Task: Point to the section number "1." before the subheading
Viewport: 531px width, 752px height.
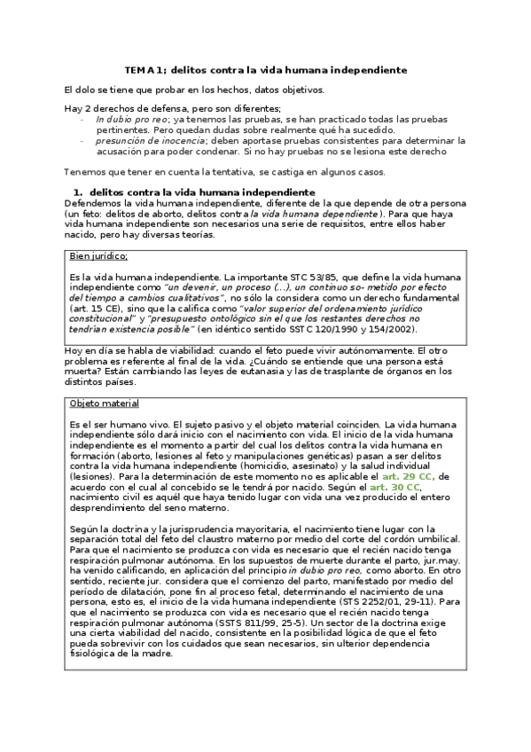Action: click(77, 192)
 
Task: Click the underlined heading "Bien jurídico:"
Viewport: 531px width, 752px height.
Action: click(98, 256)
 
